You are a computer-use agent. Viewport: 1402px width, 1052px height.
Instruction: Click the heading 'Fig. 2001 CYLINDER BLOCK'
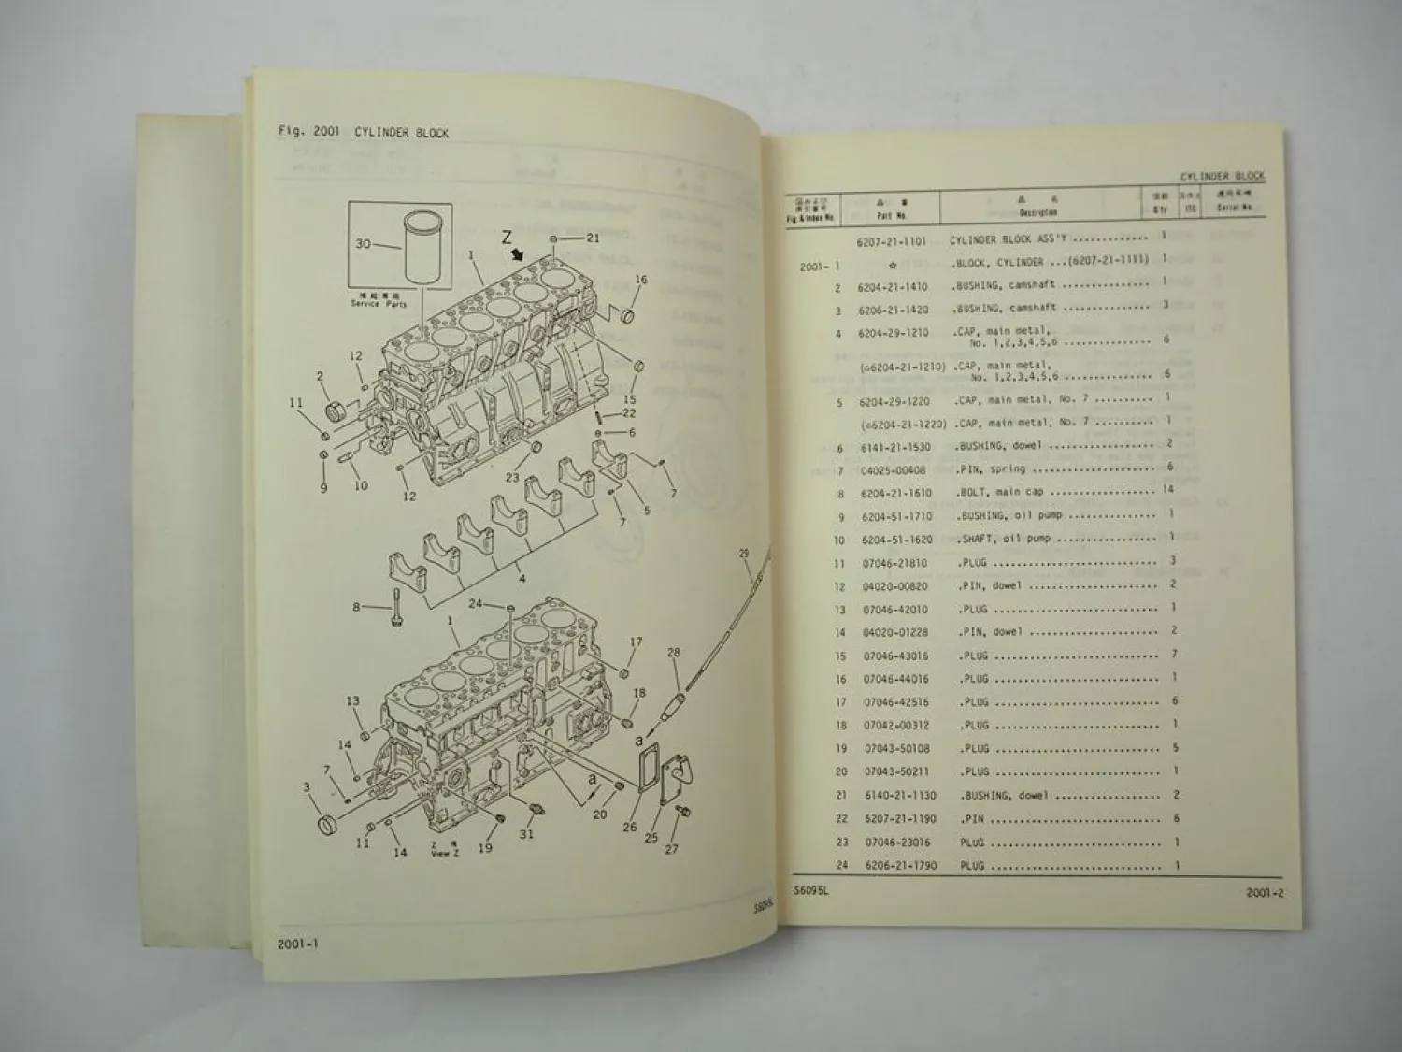point(363,132)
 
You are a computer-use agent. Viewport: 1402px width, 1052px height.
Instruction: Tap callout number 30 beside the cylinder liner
point(363,244)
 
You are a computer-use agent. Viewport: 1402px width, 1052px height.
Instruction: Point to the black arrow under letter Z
point(516,255)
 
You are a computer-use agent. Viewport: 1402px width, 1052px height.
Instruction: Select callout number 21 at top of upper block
point(593,238)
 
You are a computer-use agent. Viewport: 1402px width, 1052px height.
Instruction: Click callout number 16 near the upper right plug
point(640,280)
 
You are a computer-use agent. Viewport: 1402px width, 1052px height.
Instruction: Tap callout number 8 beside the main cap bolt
point(356,608)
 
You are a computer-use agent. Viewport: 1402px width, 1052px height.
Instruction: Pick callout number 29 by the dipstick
point(744,554)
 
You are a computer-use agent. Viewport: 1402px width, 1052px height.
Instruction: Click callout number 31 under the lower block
point(527,833)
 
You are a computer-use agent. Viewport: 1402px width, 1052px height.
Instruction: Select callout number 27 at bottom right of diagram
point(671,849)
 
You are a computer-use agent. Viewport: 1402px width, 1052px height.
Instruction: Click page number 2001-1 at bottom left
point(298,944)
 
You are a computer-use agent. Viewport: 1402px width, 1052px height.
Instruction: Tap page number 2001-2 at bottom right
point(1265,892)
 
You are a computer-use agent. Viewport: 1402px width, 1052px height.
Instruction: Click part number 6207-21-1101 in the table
point(891,241)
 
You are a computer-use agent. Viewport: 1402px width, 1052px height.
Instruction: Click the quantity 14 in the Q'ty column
point(1167,489)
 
